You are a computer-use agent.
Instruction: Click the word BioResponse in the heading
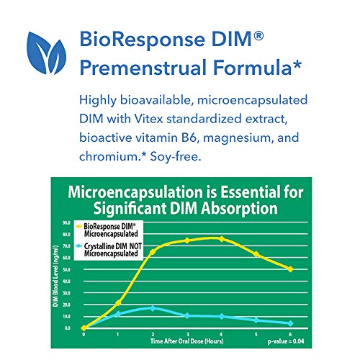143,33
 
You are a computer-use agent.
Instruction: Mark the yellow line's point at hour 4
221,238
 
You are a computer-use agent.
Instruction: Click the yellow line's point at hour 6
290,269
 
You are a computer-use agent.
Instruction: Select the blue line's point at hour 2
153,308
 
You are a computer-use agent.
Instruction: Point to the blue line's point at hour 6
290,323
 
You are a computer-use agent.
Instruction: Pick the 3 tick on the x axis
187,333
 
